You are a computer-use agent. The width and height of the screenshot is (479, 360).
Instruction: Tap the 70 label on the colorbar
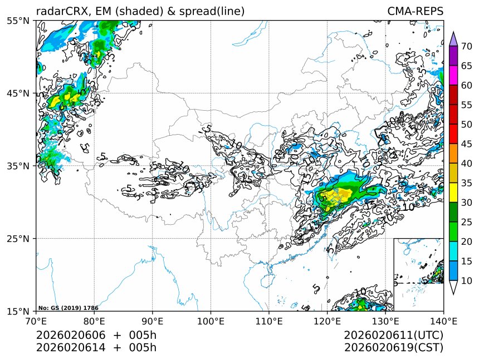click(x=467, y=46)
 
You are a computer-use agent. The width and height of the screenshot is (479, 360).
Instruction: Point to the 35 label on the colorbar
click(x=467, y=183)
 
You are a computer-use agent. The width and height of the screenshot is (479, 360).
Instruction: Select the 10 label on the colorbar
click(x=467, y=281)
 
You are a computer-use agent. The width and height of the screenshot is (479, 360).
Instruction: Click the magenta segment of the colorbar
click(x=453, y=75)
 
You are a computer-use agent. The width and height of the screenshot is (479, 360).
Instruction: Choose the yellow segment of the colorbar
click(x=453, y=193)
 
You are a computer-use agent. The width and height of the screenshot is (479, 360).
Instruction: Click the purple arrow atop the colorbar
click(x=453, y=38)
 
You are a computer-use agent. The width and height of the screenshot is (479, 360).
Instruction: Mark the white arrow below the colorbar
click(x=453, y=287)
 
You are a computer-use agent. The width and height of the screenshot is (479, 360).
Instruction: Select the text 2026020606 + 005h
click(x=96, y=336)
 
